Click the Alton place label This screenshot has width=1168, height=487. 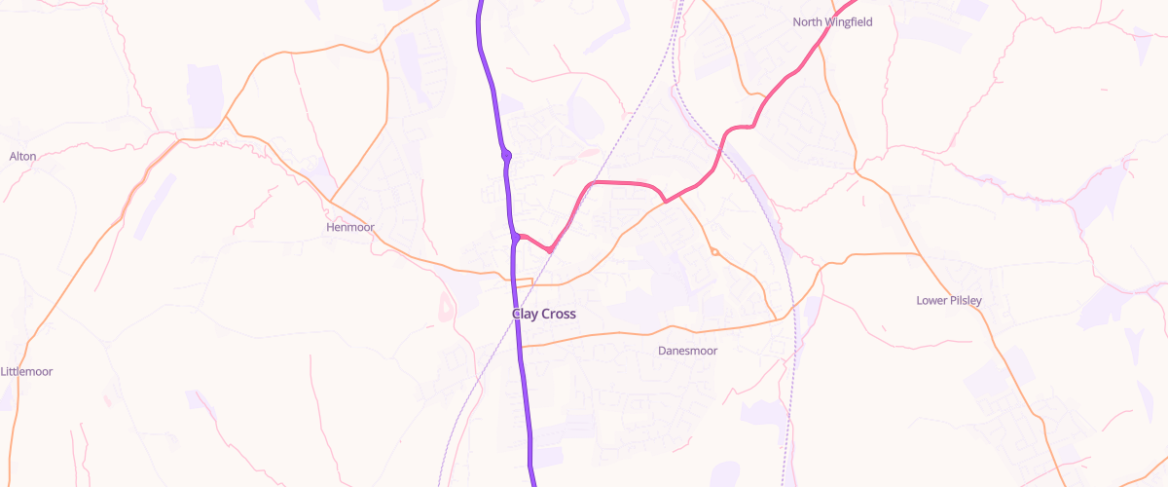point(22,156)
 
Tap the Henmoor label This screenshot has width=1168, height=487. point(349,227)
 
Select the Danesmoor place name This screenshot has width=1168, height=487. point(687,351)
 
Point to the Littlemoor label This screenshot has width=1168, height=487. point(26,371)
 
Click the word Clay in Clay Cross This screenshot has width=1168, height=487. point(526,315)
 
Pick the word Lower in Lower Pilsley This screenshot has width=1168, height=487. point(931,300)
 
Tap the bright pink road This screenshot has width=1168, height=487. point(623,182)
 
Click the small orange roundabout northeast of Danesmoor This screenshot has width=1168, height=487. point(714,252)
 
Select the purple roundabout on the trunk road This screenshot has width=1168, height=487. point(506,155)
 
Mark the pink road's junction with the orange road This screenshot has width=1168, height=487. point(665,202)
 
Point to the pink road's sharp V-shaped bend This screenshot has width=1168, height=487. point(551,250)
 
